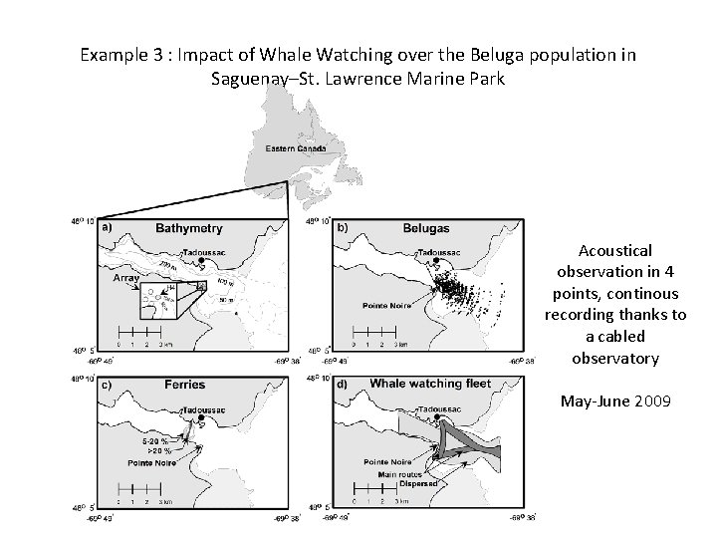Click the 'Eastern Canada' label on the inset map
[298, 148]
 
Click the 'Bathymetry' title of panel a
[189, 228]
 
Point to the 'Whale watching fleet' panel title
[431, 384]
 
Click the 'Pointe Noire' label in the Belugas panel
[386, 308]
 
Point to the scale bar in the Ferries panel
[138, 490]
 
